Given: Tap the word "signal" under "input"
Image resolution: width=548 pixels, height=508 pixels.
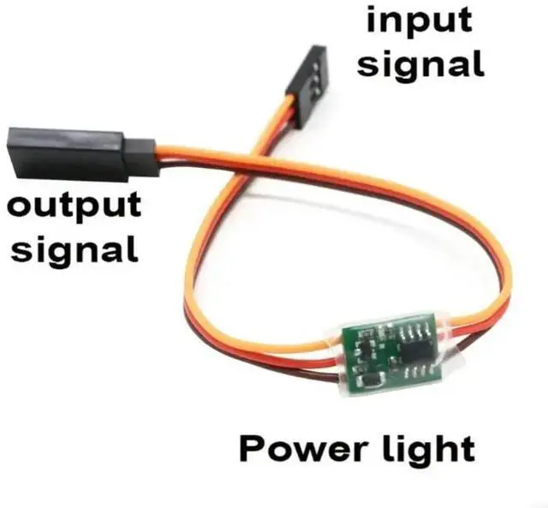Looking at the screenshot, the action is [420, 63].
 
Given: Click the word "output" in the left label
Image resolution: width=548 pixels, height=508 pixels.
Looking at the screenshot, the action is [74, 206].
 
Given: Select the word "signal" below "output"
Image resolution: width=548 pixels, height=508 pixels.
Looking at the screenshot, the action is [75, 249].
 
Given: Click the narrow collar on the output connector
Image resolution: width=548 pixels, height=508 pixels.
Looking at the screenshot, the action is [141, 154].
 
